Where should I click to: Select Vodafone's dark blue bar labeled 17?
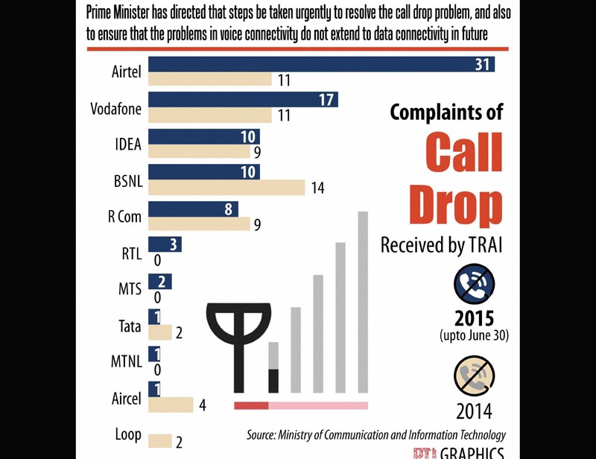(x=244, y=100)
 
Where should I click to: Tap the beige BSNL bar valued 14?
(x=227, y=187)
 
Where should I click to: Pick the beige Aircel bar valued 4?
(x=171, y=405)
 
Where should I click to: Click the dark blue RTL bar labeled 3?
(x=165, y=245)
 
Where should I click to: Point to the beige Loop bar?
(x=160, y=441)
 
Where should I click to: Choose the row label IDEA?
(x=129, y=144)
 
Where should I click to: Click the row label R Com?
(x=124, y=217)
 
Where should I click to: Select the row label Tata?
(x=130, y=326)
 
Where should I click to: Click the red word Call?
(x=463, y=151)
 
